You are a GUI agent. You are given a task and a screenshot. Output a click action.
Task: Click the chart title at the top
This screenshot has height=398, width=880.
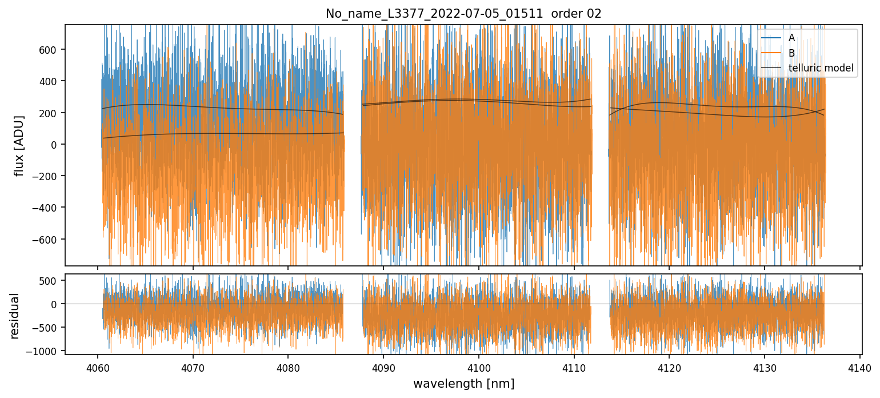[x=463, y=14]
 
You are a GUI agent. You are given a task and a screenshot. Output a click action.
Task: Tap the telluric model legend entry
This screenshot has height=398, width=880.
[x=821, y=68]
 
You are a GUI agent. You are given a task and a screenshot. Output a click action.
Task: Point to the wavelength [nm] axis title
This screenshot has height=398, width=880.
[x=463, y=383]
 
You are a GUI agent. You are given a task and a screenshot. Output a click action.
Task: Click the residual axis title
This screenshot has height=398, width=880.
[x=15, y=315]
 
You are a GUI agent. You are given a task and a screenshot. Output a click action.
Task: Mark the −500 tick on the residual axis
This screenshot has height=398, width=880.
[x=49, y=328]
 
